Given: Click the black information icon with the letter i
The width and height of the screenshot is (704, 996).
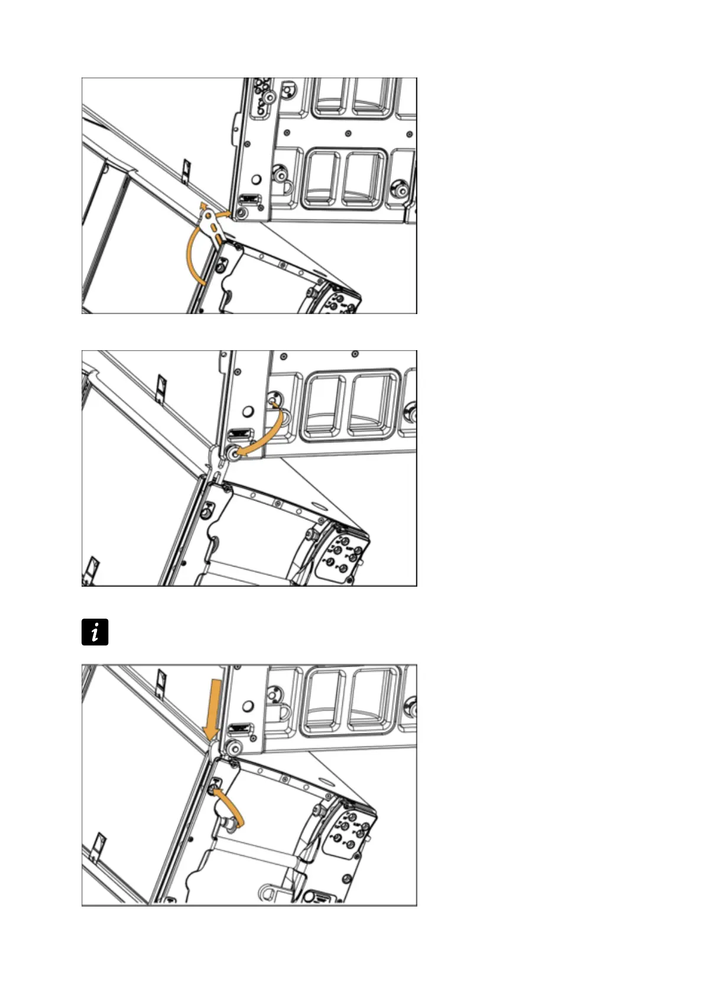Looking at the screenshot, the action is click(95, 632).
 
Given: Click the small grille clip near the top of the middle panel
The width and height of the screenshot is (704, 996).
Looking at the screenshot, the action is click(160, 388).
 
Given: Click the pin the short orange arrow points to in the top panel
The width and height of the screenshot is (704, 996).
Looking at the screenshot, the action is click(241, 211).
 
